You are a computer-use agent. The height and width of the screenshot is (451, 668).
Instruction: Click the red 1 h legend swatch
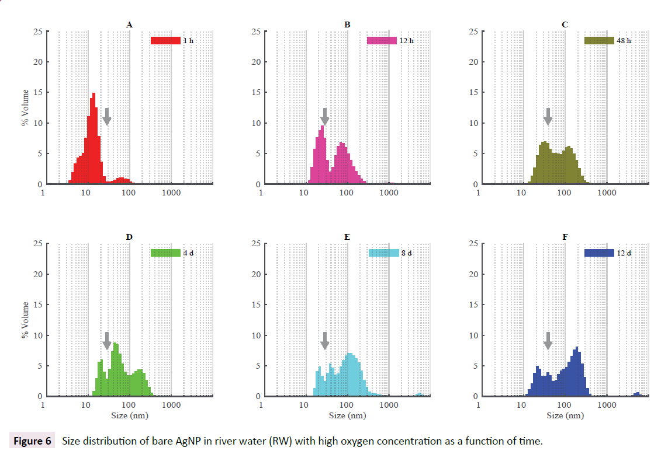(x=165, y=41)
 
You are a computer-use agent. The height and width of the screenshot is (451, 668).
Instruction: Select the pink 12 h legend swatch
(x=382, y=41)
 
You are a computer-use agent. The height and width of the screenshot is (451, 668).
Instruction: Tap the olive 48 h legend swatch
(x=599, y=41)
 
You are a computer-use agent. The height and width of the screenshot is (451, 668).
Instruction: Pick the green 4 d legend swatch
(x=165, y=253)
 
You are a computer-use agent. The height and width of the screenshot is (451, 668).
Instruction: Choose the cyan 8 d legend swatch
(x=383, y=253)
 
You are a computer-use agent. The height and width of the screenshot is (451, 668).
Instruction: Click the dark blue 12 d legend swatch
(x=599, y=253)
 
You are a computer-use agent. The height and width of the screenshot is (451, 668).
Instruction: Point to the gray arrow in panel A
(x=106, y=116)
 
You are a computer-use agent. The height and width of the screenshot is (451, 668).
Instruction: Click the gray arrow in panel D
(x=106, y=341)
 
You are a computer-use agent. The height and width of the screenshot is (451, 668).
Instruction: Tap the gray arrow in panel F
(x=548, y=341)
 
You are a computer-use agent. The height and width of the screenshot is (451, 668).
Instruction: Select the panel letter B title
(x=347, y=25)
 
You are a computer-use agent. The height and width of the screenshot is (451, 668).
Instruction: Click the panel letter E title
(x=347, y=237)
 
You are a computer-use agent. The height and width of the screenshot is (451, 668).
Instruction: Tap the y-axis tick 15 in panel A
(x=36, y=92)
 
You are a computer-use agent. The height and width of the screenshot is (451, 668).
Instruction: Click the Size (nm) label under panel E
(x=347, y=415)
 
